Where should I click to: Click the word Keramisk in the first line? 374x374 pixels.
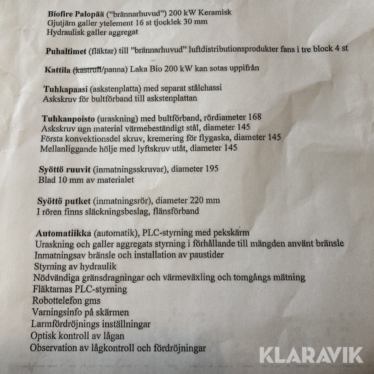tap(215, 12)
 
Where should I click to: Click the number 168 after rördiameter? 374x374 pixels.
tap(253, 117)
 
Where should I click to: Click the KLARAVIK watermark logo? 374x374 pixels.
tap(311, 355)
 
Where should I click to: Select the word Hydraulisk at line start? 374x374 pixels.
tap(66, 32)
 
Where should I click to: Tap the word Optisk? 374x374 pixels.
tap(42, 335)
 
